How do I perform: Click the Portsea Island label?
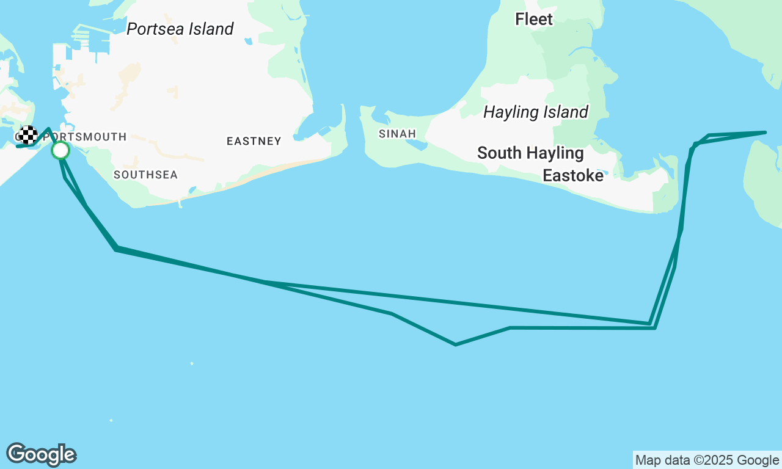[x=180, y=29]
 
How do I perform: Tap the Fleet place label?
[x=534, y=19]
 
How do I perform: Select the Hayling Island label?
[x=536, y=112]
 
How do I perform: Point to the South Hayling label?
[x=530, y=153]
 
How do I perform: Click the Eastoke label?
[x=573, y=176]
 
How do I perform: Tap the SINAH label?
[x=397, y=134]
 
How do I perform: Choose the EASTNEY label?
[x=254, y=141]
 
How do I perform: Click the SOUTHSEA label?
[x=146, y=175]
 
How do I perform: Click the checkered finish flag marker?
[x=27, y=135]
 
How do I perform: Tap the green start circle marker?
[x=60, y=150]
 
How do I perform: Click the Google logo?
[x=42, y=454]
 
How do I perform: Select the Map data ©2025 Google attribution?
[x=707, y=460]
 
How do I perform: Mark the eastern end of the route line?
[x=765, y=132]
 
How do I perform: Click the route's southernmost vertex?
[x=456, y=344]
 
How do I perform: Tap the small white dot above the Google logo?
[x=111, y=420]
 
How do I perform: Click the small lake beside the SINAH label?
[x=417, y=144]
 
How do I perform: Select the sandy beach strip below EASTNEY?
[x=275, y=172]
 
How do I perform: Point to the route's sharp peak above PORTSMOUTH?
[x=48, y=129]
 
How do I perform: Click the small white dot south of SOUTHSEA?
[x=192, y=363]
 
